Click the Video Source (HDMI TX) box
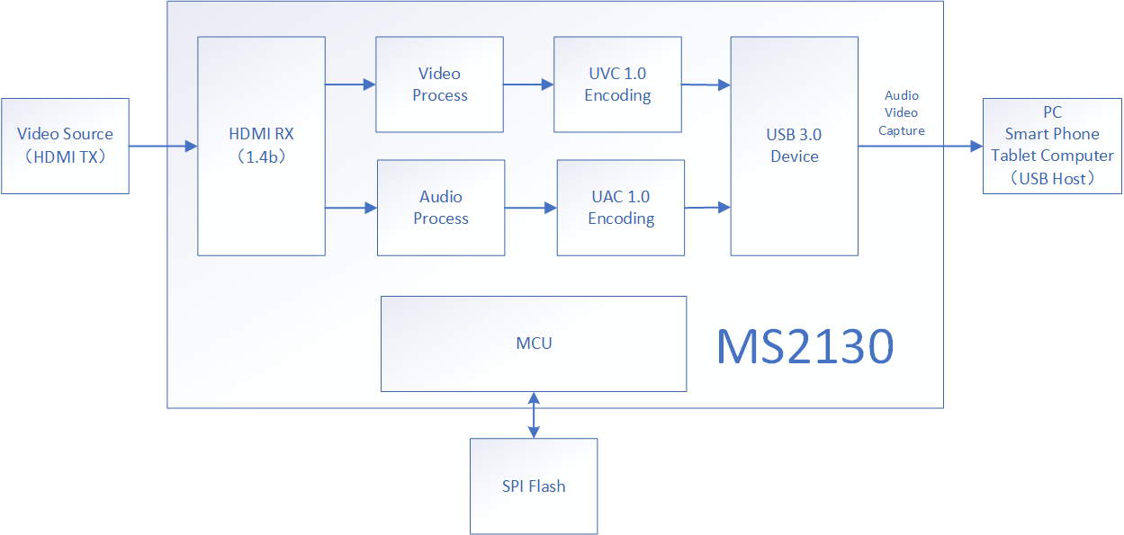pyautogui.click(x=65, y=146)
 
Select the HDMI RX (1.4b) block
pyautogui.click(x=261, y=146)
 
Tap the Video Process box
pyautogui.click(x=439, y=85)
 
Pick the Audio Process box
pyautogui.click(x=440, y=208)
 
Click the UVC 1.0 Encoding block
pyautogui.click(x=617, y=85)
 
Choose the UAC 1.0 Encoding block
pyautogui.click(x=621, y=208)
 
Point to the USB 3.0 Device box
pyautogui.click(x=794, y=146)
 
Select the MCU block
pyautogui.click(x=534, y=343)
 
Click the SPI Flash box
pyautogui.click(x=534, y=486)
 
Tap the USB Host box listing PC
pyautogui.click(x=1052, y=146)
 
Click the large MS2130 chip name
pyautogui.click(x=805, y=346)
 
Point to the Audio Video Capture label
pyautogui.click(x=901, y=112)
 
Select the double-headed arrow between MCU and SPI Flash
pyautogui.click(x=535, y=415)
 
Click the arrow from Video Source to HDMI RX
pyautogui.click(x=163, y=146)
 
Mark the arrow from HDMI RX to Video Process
pyautogui.click(x=350, y=85)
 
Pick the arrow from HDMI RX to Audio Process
pyautogui.click(x=351, y=208)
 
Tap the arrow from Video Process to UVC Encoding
pyautogui.click(x=528, y=85)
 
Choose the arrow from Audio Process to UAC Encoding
pyautogui.click(x=531, y=208)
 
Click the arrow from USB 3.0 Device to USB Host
pyautogui.click(x=920, y=146)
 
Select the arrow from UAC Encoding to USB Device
pyautogui.click(x=707, y=208)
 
